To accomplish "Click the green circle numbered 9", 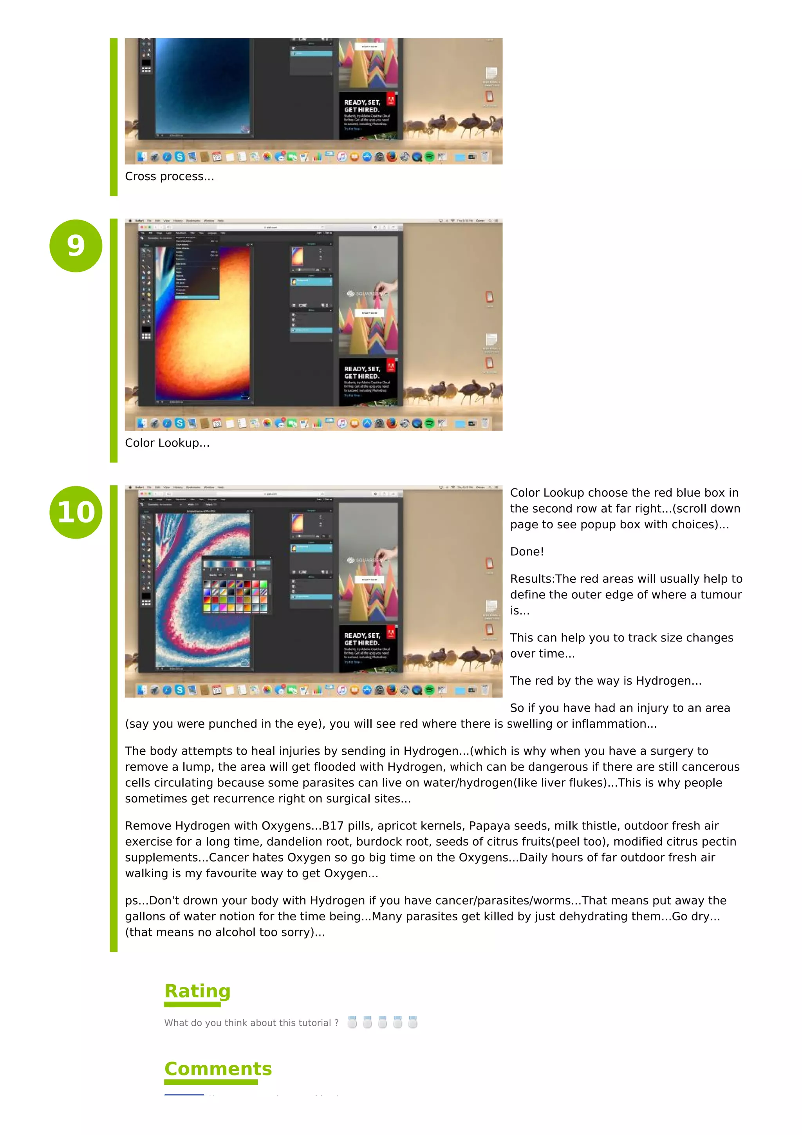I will point(76,246).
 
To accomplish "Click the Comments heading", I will point(218,1068).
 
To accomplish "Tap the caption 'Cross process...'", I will point(169,177).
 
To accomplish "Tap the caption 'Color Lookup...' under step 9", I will point(167,443).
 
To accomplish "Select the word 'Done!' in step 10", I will point(527,552).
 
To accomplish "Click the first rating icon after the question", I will point(352,1022).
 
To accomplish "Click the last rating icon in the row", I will point(413,1022).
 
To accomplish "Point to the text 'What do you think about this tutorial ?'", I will point(251,1023).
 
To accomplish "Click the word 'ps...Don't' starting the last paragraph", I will point(151,901).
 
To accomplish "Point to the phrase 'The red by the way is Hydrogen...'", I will point(605,681).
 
